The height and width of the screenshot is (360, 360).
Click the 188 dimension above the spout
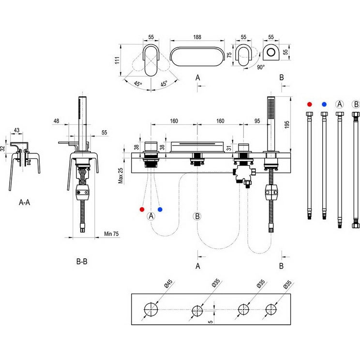click(x=197, y=37)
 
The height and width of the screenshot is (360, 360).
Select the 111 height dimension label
click(x=117, y=60)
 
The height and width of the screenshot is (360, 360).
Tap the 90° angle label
click(x=261, y=67)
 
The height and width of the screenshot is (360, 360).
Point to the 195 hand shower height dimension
click(x=287, y=124)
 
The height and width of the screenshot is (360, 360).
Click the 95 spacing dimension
click(x=257, y=121)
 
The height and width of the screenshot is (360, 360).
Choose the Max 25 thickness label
click(x=120, y=176)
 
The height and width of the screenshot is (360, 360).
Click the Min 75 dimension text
click(x=111, y=234)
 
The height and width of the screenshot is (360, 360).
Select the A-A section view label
click(x=24, y=202)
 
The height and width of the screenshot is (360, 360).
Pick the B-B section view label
click(x=82, y=261)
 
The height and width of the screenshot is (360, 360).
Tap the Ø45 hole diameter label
click(x=168, y=284)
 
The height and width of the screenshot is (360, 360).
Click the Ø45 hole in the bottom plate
click(x=151, y=310)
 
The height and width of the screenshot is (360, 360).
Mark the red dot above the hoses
click(x=310, y=104)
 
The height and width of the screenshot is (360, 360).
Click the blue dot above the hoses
click(x=324, y=104)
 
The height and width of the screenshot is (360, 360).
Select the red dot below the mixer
click(x=142, y=210)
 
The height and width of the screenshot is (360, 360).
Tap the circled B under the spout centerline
click(x=197, y=216)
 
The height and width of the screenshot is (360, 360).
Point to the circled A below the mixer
click(x=151, y=216)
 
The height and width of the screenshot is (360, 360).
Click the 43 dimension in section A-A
click(x=17, y=131)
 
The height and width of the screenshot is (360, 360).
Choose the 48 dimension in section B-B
click(x=56, y=121)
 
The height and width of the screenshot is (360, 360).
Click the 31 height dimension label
click(x=229, y=148)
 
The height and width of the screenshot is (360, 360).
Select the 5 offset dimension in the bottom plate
click(x=210, y=322)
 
